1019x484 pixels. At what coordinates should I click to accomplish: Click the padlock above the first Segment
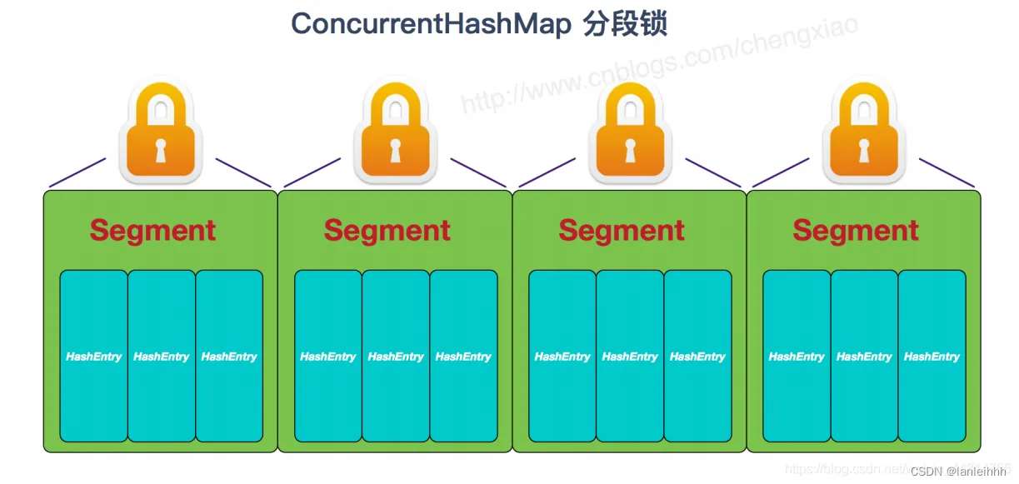click(x=161, y=133)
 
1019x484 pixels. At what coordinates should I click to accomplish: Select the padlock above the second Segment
click(x=395, y=133)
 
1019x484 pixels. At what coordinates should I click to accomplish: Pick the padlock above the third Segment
click(x=629, y=133)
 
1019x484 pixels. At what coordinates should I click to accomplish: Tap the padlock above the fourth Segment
click(x=863, y=133)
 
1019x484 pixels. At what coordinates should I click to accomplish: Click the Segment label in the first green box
click(x=152, y=230)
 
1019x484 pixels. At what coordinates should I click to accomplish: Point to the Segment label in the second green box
click(x=387, y=230)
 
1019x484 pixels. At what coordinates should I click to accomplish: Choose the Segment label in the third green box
click(x=622, y=230)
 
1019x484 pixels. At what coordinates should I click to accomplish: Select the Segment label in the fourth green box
click(x=856, y=230)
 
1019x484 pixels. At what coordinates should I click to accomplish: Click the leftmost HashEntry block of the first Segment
click(x=93, y=356)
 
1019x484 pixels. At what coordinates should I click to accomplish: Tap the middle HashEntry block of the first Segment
click(x=161, y=356)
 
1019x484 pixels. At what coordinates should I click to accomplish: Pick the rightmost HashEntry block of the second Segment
click(x=463, y=356)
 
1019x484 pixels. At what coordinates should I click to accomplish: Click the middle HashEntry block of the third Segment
click(x=630, y=356)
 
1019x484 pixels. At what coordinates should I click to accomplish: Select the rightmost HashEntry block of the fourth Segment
click(x=932, y=356)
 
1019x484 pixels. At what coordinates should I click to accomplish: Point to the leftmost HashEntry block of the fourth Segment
click(x=797, y=356)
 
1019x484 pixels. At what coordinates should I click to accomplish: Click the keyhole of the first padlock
click(x=161, y=150)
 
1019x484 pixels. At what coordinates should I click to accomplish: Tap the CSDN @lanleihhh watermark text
click(x=961, y=472)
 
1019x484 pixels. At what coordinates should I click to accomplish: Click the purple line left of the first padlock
click(x=77, y=172)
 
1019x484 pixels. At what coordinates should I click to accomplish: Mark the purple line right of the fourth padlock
click(x=947, y=172)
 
